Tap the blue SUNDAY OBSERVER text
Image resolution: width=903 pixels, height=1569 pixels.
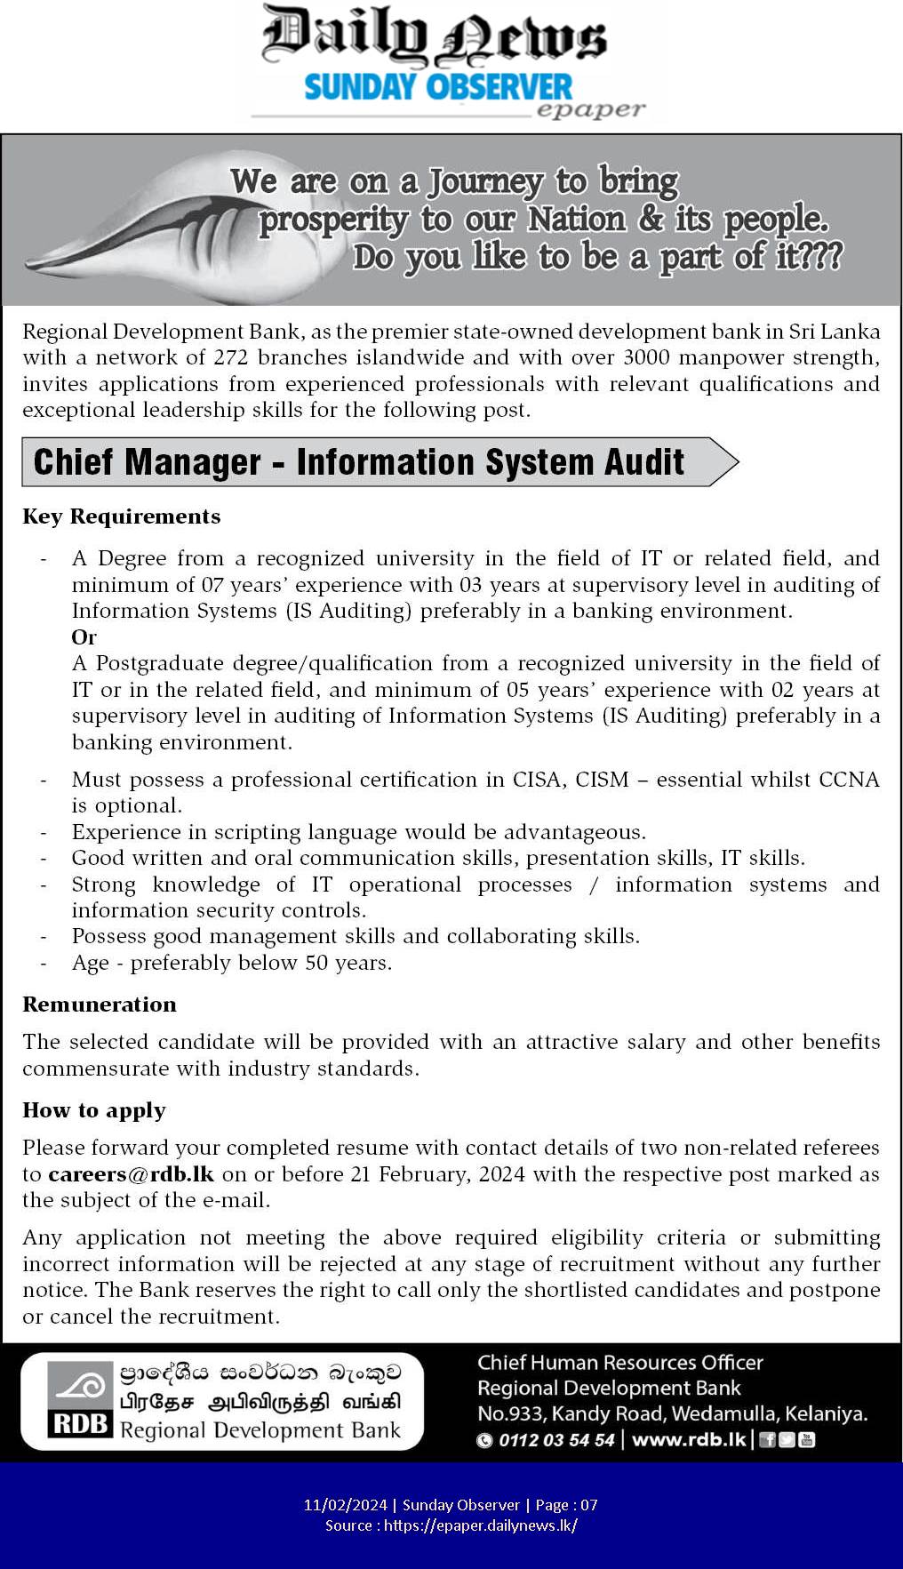[438, 87]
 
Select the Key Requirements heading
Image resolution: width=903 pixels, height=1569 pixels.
[121, 516]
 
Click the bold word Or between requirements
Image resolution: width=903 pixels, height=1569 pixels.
[84, 637]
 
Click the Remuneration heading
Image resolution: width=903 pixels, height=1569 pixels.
[99, 1005]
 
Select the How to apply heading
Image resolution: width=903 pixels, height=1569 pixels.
[93, 1110]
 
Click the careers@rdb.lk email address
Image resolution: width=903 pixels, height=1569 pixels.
[131, 1174]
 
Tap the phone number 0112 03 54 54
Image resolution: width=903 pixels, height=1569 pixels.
[556, 1440]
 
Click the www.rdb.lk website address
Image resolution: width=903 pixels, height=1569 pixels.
[689, 1440]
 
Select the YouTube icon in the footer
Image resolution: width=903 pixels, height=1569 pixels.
[807, 1440]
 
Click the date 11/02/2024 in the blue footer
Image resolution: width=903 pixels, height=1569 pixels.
[345, 1505]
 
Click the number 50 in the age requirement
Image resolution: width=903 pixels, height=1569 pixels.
[316, 963]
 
